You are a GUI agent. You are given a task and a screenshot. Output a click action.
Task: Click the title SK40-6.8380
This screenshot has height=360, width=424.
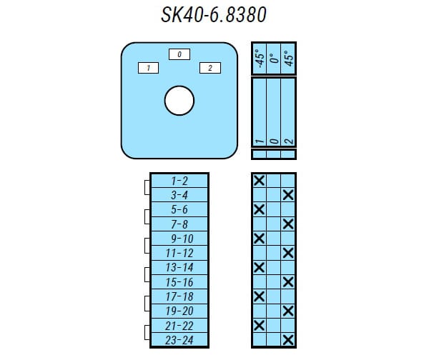(214, 14)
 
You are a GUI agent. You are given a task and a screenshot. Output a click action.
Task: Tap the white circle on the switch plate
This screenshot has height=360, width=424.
(179, 101)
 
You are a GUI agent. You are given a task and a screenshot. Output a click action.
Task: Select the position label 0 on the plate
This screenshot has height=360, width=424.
(179, 54)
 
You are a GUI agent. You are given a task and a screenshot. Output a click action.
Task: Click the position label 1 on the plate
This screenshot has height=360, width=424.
(148, 68)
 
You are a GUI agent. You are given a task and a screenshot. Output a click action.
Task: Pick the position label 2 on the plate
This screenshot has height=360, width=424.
(210, 68)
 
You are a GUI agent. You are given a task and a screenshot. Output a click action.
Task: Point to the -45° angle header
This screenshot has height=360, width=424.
(260, 59)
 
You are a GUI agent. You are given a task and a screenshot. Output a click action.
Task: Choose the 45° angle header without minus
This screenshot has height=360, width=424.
(289, 59)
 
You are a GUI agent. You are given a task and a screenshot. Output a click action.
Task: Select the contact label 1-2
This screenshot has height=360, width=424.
(179, 181)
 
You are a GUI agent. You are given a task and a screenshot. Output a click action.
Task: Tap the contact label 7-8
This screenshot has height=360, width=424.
(179, 224)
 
